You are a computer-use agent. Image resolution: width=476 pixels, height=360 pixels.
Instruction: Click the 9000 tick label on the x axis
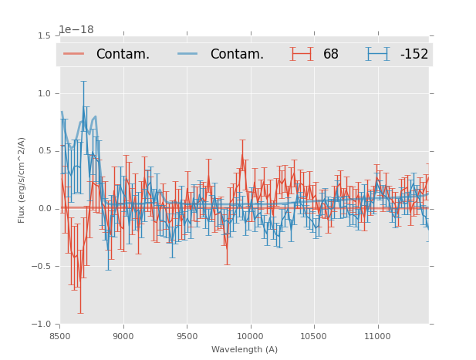[x=123, y=336]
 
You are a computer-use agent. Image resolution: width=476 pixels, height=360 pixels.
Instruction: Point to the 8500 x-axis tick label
[x=60, y=336]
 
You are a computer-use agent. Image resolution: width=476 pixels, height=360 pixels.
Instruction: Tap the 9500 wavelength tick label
[x=187, y=336]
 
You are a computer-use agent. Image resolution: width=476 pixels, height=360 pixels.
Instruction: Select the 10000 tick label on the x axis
[x=250, y=336]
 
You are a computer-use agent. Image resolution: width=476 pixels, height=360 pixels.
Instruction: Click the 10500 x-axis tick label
[x=313, y=336]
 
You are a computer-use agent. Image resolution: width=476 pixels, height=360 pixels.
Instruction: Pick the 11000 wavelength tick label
[x=377, y=336]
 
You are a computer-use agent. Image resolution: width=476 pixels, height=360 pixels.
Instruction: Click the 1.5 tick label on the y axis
[x=44, y=35]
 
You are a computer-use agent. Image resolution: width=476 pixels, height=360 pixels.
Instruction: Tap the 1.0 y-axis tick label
[x=44, y=93]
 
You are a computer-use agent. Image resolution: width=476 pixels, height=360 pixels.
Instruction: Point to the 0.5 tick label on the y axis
[x=44, y=151]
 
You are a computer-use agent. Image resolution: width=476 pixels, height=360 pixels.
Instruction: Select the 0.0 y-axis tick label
[x=44, y=209]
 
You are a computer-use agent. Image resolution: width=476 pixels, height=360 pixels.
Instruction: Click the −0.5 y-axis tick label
[x=42, y=267]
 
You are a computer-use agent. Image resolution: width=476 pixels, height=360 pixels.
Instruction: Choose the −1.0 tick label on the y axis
[x=42, y=325]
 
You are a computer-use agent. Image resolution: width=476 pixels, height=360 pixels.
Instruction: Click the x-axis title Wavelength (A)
[x=245, y=350]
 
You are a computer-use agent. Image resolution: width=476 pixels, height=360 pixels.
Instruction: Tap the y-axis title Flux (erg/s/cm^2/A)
[x=22, y=180]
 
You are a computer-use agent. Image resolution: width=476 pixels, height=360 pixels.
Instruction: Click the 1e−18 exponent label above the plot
[x=77, y=29]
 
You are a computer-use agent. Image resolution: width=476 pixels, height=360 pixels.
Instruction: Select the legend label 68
[x=331, y=54]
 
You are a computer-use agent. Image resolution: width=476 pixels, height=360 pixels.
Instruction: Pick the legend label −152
[x=414, y=54]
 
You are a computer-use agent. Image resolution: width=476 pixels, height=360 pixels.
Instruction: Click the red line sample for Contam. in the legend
[x=75, y=54]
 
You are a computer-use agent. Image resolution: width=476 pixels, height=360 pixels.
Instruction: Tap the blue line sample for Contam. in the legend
[x=189, y=54]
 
